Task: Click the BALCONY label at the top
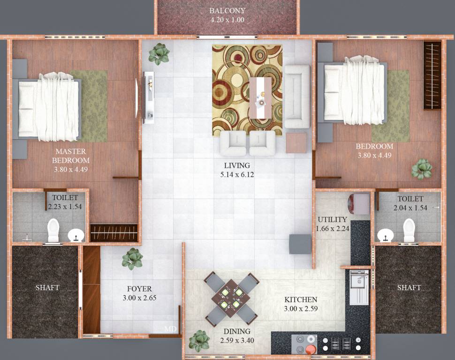pyautogui.click(x=227, y=11)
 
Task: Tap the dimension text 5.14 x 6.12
pyautogui.click(x=237, y=175)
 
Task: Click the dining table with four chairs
pyautogui.click(x=231, y=299)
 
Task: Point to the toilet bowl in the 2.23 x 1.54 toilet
pyautogui.click(x=53, y=230)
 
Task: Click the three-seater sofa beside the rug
pyautogui.click(x=297, y=97)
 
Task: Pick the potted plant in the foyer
pyautogui.click(x=132, y=259)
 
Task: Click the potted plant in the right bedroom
pyautogui.click(x=422, y=169)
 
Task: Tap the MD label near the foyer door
pyautogui.click(x=170, y=329)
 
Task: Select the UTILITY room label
pyautogui.click(x=332, y=219)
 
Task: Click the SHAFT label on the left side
pyautogui.click(x=47, y=287)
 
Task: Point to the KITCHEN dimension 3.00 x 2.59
pyautogui.click(x=301, y=309)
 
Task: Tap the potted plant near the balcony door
pyautogui.click(x=159, y=53)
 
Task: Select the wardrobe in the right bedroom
pyautogui.click(x=432, y=75)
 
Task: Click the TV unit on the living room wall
pyautogui.click(x=149, y=97)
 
